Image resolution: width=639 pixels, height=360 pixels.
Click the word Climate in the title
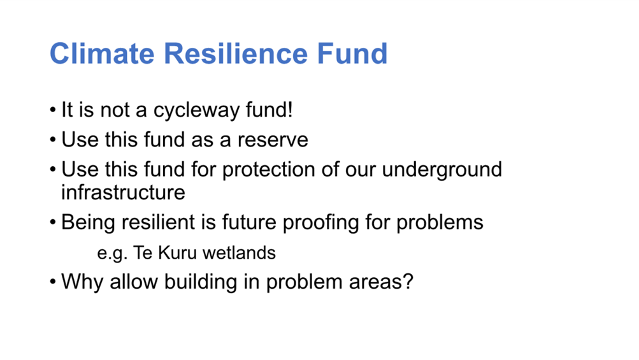pos(103,54)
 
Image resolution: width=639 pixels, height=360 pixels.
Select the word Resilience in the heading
pos(236,54)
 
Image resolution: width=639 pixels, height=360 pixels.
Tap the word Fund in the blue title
pos(352,54)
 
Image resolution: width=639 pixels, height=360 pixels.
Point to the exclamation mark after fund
pos(290,109)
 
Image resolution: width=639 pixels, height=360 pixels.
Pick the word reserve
pos(273,140)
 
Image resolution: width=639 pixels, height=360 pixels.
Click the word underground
pos(442,170)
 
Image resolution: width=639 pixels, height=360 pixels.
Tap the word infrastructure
pos(123,192)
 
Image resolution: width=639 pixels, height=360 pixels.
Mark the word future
pos(249,222)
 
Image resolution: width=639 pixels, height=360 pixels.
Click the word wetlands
pos(239,253)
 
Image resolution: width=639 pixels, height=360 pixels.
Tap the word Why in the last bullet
pos(82,282)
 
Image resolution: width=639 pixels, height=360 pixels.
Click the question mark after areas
pos(408,282)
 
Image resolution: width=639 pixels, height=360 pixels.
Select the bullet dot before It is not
pos(53,110)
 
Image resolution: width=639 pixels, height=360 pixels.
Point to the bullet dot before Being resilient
pos(53,222)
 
